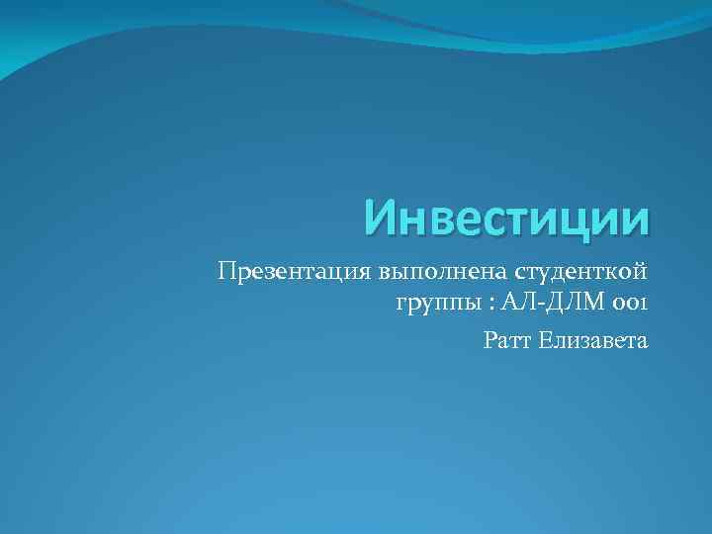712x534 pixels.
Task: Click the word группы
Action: pyautogui.click(x=434, y=303)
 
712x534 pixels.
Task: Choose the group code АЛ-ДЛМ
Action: pyautogui.click(x=553, y=303)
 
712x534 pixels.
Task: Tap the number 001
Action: pyautogui.click(x=631, y=303)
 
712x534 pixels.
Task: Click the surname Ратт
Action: pyautogui.click(x=507, y=341)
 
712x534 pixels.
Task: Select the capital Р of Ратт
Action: pyautogui.click(x=490, y=341)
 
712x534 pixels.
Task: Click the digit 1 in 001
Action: pyautogui.click(x=644, y=303)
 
